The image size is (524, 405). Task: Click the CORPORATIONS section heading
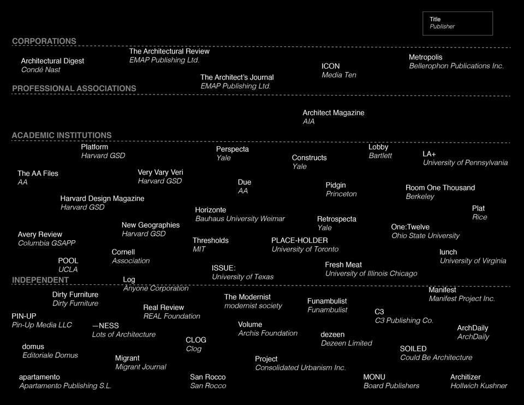tap(44, 41)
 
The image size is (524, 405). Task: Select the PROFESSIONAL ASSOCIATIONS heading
tap(74, 88)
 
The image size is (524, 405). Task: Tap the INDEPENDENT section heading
tap(40, 280)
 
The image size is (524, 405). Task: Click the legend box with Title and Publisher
tap(457, 23)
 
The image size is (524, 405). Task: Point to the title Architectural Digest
tap(52, 61)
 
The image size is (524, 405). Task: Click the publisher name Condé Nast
tap(40, 70)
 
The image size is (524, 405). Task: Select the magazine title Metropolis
tap(426, 57)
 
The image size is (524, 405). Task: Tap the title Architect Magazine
tap(334, 113)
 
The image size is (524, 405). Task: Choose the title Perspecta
tap(233, 150)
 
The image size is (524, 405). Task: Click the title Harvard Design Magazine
tap(102, 199)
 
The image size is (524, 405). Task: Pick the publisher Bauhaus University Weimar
tap(240, 219)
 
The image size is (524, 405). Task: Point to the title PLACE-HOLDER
tap(300, 241)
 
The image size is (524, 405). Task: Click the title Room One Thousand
tap(440, 188)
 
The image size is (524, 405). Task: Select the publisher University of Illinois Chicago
tap(371, 273)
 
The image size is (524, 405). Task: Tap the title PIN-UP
tap(24, 316)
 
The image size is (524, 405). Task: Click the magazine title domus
tap(33, 347)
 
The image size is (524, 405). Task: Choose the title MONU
tap(374, 377)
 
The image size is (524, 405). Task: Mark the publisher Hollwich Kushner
tap(479, 386)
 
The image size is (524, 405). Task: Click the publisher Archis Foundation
tap(268, 333)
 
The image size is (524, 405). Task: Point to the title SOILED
tap(413, 349)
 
